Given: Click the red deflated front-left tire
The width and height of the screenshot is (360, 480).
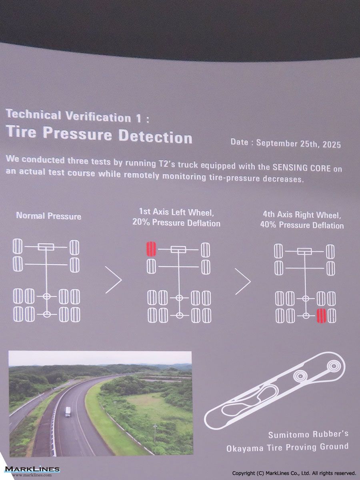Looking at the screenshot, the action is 151,249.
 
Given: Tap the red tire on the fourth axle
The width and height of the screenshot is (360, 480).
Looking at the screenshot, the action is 321,316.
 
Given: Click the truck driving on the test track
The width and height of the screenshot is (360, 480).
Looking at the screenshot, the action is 68,412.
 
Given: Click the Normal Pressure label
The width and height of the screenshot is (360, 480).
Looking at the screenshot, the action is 48,216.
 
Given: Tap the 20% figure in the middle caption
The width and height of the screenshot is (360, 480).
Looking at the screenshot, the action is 140,222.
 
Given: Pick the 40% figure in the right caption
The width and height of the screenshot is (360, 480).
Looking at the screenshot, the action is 268,225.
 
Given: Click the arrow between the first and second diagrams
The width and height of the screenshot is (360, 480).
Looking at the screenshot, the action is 114,280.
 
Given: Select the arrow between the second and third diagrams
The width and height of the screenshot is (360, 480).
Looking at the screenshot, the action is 243,282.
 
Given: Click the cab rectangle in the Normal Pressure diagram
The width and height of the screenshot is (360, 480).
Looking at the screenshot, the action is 46,247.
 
